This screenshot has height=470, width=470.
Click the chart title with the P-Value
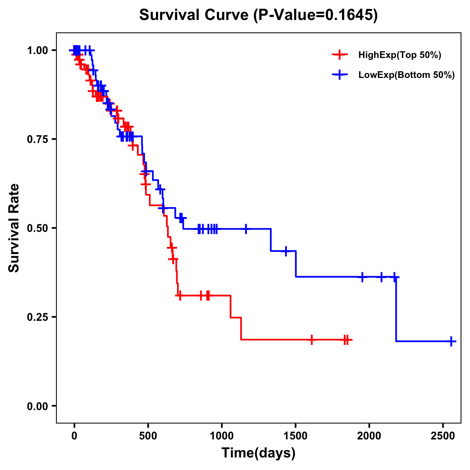[258, 15]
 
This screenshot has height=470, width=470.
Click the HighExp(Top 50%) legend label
[400, 55]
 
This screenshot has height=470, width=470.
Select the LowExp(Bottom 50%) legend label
[407, 75]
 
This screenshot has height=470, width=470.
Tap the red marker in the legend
[340, 55]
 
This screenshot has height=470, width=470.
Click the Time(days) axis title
[258, 453]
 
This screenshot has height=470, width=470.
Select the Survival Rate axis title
[14, 228]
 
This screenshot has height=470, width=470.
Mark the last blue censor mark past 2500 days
[451, 341]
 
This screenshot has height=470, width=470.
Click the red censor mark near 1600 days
[311, 340]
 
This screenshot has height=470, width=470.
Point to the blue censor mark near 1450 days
[286, 251]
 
